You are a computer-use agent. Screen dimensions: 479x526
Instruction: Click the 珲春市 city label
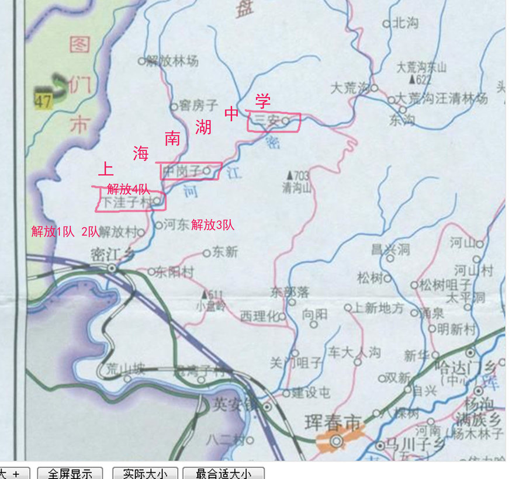pyautogui.click(x=333, y=422)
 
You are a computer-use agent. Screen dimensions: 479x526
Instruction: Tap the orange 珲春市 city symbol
pyautogui.click(x=336, y=440)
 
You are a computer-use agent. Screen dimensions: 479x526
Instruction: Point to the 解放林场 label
pyautogui.click(x=172, y=60)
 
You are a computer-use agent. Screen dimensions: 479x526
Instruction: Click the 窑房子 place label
pyautogui.click(x=199, y=106)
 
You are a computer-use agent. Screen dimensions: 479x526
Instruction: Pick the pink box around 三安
pyautogui.click(x=274, y=122)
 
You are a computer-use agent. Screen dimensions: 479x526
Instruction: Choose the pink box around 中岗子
pyautogui.click(x=191, y=171)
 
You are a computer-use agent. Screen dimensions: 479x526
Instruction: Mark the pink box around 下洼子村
pyautogui.click(x=131, y=202)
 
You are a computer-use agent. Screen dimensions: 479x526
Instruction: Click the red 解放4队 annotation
pyautogui.click(x=129, y=189)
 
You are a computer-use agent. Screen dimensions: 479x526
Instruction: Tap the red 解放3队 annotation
pyautogui.click(x=213, y=224)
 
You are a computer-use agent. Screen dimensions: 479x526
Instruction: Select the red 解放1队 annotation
pyautogui.click(x=53, y=231)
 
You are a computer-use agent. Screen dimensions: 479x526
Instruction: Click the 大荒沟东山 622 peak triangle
pyautogui.click(x=412, y=79)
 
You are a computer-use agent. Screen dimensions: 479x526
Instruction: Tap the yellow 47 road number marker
pyautogui.click(x=43, y=100)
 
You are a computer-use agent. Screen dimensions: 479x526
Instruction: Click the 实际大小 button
pyautogui.click(x=145, y=473)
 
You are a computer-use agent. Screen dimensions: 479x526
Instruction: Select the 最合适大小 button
pyautogui.click(x=223, y=473)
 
